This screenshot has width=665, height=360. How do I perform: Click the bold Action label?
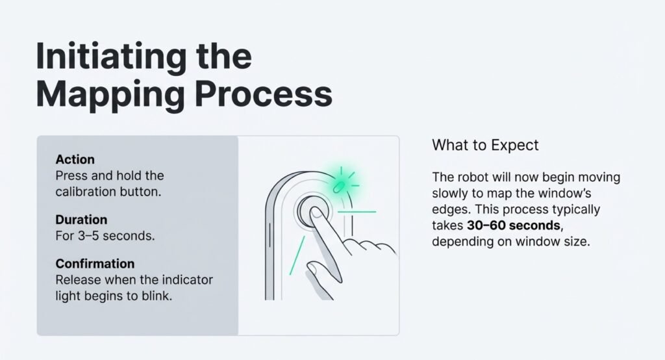pos(75,159)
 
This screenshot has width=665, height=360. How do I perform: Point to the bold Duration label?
pos(81,220)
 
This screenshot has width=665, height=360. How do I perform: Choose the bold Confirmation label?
pos(95,264)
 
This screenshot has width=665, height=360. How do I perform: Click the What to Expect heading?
pos(485,144)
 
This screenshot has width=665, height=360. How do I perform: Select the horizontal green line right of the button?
pos(358,211)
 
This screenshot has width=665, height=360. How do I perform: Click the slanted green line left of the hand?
pos(296,255)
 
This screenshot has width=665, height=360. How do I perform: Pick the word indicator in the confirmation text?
pos(190,279)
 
